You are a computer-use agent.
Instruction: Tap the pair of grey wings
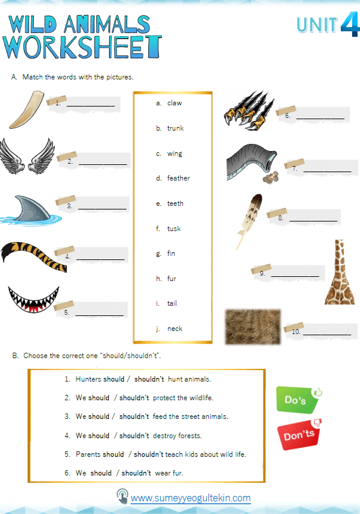27,158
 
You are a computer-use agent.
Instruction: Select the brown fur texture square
252,326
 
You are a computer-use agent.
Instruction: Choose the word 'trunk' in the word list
175,128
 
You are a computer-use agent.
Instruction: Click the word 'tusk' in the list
174,229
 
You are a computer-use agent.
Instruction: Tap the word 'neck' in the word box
175,329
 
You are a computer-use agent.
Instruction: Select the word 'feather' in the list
178,178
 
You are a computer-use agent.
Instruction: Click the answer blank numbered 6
320,116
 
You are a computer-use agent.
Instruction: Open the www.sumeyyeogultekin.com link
190,498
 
